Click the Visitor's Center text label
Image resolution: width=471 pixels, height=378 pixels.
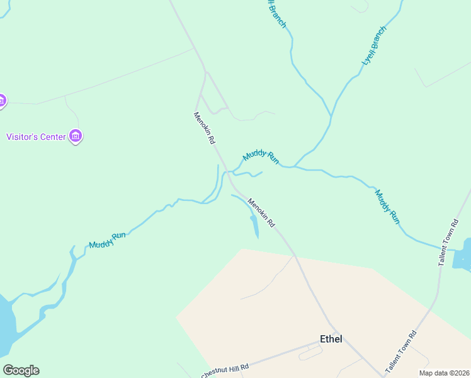(x=36, y=136)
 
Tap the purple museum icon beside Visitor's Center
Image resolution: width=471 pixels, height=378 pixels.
(x=76, y=136)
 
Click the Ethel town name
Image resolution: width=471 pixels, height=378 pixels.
(x=331, y=339)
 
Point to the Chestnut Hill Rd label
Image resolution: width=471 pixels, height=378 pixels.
(x=225, y=371)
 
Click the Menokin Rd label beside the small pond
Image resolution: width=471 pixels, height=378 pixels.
(x=261, y=213)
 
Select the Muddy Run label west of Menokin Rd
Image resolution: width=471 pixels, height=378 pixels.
(x=107, y=240)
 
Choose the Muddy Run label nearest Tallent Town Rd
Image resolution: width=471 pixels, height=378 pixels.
(x=387, y=206)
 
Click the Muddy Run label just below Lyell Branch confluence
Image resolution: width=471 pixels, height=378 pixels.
(x=260, y=155)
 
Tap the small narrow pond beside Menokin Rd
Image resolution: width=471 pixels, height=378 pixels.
(x=254, y=226)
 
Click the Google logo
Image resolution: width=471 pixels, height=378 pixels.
(x=21, y=370)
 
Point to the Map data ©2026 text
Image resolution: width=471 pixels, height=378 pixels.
(x=444, y=373)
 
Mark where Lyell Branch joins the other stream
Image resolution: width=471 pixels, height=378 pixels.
(x=331, y=117)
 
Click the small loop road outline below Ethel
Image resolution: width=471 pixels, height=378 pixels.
(x=310, y=353)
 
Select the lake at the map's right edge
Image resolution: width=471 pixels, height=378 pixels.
(x=463, y=253)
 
